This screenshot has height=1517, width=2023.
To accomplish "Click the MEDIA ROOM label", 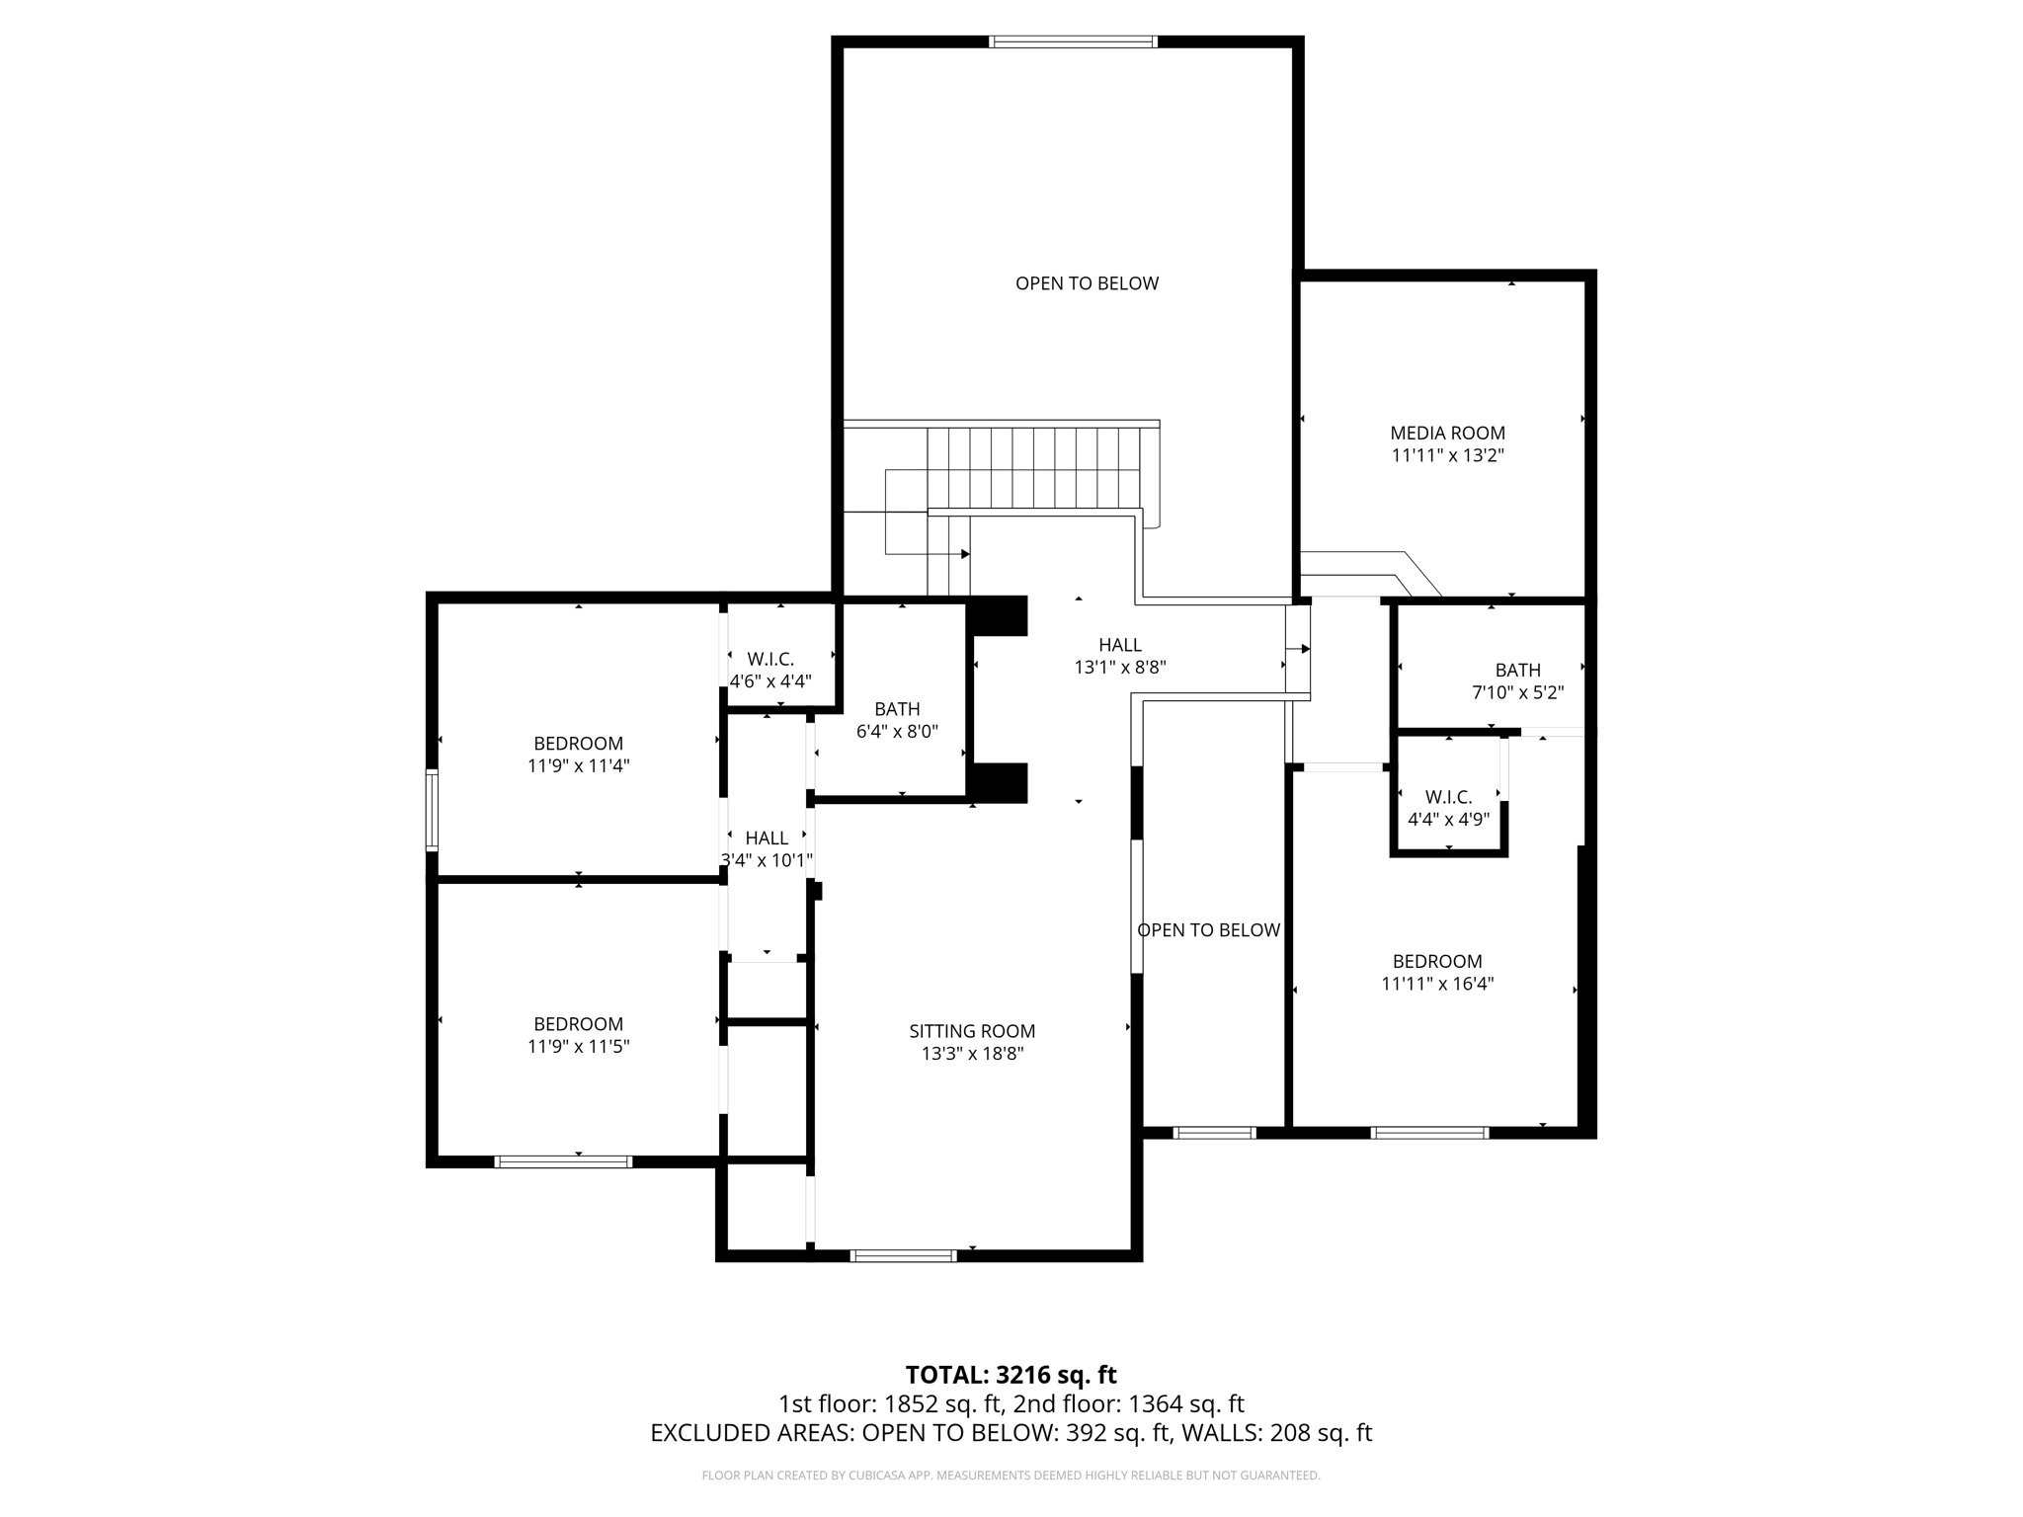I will [1447, 433].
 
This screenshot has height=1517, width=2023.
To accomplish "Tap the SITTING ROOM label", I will [972, 1031].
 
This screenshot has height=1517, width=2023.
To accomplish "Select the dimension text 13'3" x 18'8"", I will [972, 1054].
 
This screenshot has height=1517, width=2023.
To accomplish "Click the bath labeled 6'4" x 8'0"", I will [897, 720].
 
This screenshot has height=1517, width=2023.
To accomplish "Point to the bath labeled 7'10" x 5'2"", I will [1517, 680].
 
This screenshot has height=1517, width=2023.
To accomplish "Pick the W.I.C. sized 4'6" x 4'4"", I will [770, 670].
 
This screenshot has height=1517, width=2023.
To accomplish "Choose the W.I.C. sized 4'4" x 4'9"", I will [1448, 807].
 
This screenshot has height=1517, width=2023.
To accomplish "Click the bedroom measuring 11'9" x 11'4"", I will [578, 754].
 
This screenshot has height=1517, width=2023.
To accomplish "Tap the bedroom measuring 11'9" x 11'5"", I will [578, 1034].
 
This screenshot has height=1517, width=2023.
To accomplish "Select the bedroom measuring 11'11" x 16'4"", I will [1437, 972].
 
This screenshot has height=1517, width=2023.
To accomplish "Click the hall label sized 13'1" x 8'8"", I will [1120, 656].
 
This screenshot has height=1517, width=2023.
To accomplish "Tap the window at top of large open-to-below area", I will [1073, 41].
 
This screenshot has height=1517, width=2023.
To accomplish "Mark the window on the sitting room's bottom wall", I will [903, 1256].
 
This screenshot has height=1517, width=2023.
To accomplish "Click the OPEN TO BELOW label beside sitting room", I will [1208, 930].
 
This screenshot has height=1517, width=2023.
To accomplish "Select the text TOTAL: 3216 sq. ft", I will [1011, 1375].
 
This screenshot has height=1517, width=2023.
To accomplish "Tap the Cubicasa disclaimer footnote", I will [1011, 1476].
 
